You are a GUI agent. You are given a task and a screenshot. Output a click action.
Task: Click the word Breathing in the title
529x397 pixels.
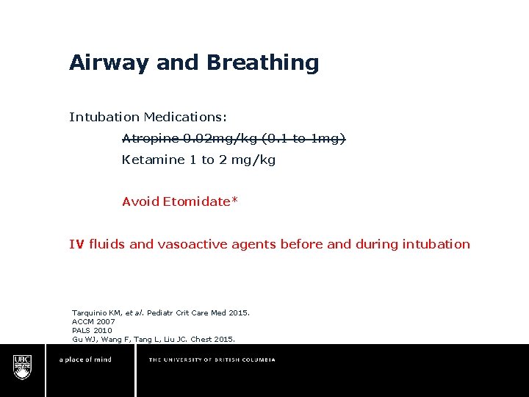tap(262, 63)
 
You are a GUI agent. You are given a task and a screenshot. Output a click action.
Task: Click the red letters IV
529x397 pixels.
tap(76, 244)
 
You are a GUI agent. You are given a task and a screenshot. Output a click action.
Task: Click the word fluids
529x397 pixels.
tap(107, 244)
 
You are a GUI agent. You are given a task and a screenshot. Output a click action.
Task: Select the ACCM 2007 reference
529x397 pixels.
tap(93, 322)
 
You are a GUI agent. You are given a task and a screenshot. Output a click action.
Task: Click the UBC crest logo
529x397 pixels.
tap(23, 366)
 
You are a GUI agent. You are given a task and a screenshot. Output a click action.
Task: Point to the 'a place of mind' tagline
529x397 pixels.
tap(85, 360)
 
